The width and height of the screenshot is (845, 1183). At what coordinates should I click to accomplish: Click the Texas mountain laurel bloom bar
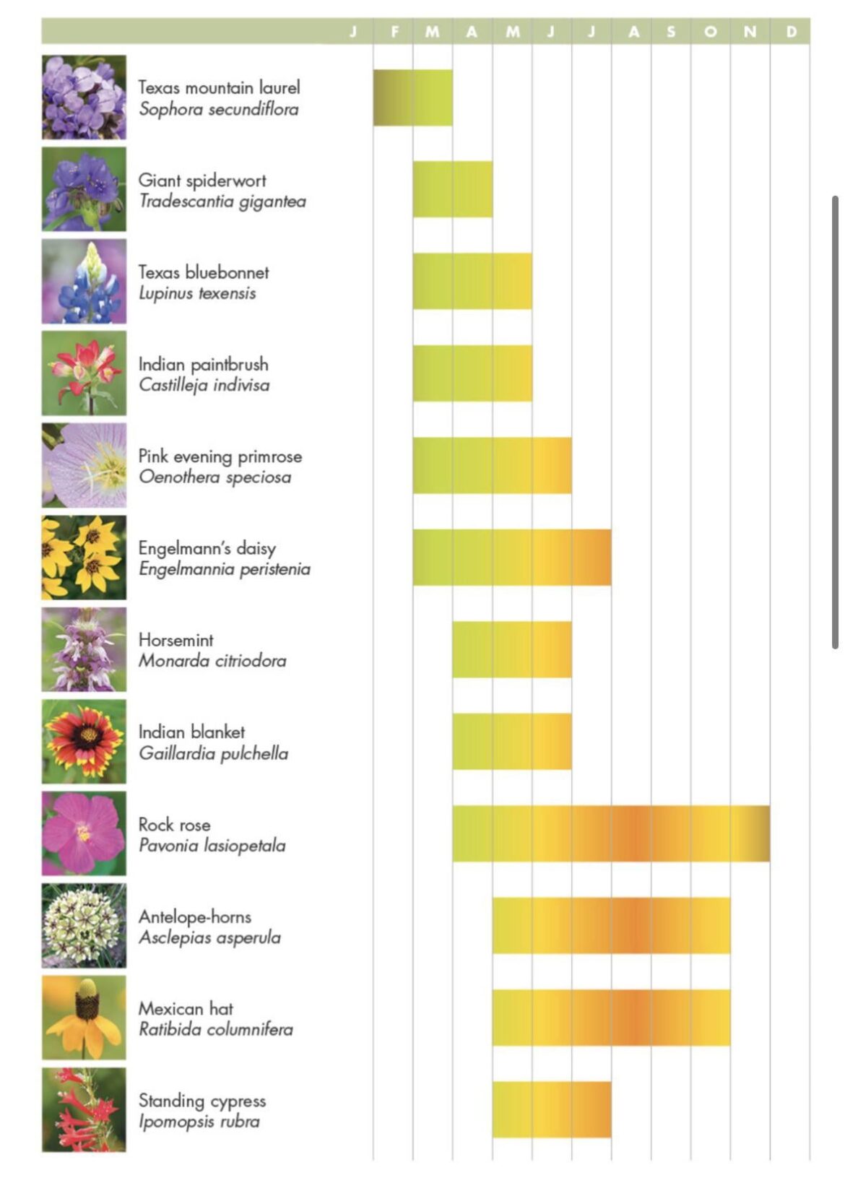click(x=412, y=97)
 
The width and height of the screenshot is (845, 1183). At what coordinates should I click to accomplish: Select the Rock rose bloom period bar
click(x=610, y=833)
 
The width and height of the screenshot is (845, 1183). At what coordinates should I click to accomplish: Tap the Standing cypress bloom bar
click(x=551, y=1109)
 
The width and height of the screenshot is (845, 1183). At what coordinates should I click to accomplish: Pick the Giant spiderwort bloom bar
click(x=452, y=189)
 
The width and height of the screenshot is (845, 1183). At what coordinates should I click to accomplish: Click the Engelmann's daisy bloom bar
click(x=511, y=558)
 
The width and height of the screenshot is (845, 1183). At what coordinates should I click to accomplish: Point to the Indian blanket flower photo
click(x=84, y=741)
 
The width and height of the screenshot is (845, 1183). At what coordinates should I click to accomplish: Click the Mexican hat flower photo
click(x=84, y=1017)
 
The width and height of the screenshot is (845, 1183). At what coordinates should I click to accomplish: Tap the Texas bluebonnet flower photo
click(x=84, y=281)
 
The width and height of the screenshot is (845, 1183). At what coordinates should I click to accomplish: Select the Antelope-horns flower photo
click(x=84, y=925)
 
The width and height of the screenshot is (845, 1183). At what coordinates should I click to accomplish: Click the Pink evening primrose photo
click(x=84, y=465)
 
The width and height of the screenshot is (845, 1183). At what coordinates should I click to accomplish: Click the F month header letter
click(x=394, y=32)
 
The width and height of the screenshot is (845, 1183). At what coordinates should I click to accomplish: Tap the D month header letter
click(x=791, y=32)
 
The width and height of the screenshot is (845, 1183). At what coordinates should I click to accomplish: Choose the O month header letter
click(x=711, y=32)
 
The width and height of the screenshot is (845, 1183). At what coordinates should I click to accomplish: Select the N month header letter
click(x=750, y=32)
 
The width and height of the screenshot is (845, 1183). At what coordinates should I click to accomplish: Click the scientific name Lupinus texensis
click(x=197, y=293)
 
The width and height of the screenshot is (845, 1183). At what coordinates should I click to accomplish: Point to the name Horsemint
click(x=175, y=640)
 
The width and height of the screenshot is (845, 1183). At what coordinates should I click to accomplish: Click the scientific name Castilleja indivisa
click(x=204, y=385)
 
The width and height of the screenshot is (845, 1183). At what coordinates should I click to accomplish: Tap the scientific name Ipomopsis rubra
click(x=199, y=1122)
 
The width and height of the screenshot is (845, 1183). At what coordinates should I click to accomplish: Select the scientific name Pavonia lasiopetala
click(x=212, y=846)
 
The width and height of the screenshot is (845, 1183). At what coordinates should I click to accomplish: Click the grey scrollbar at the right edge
click(x=835, y=422)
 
